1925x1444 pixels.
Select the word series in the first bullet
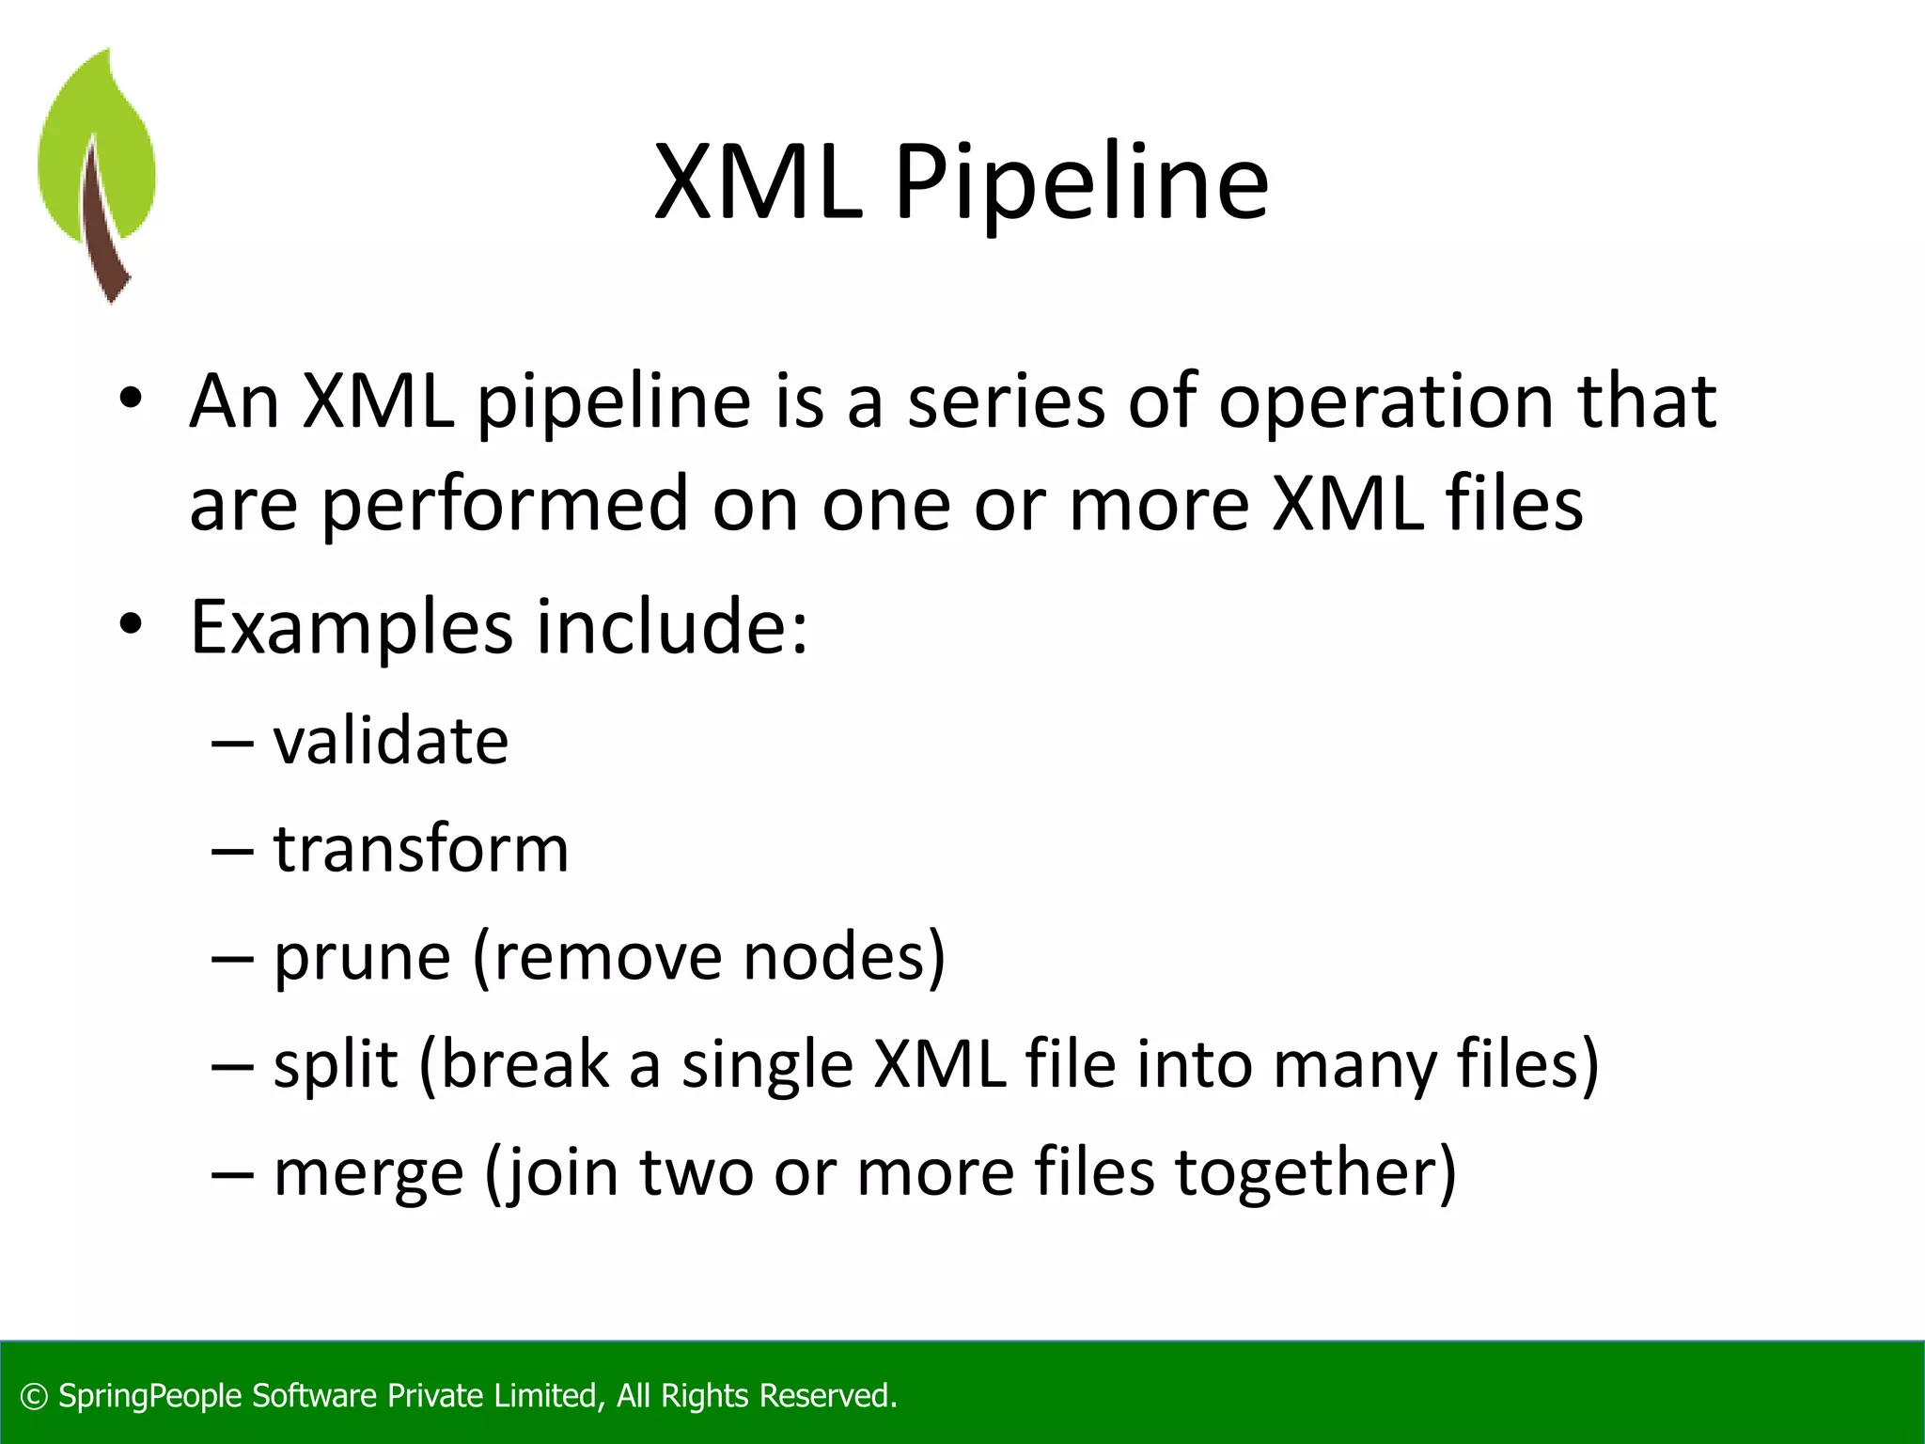[x=1006, y=402]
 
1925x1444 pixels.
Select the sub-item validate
[x=391, y=742]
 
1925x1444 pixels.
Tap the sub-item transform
[x=421, y=850]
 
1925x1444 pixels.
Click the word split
[x=336, y=1066]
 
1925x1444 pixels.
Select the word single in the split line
[x=767, y=1066]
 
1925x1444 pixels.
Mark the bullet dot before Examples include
[x=131, y=623]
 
